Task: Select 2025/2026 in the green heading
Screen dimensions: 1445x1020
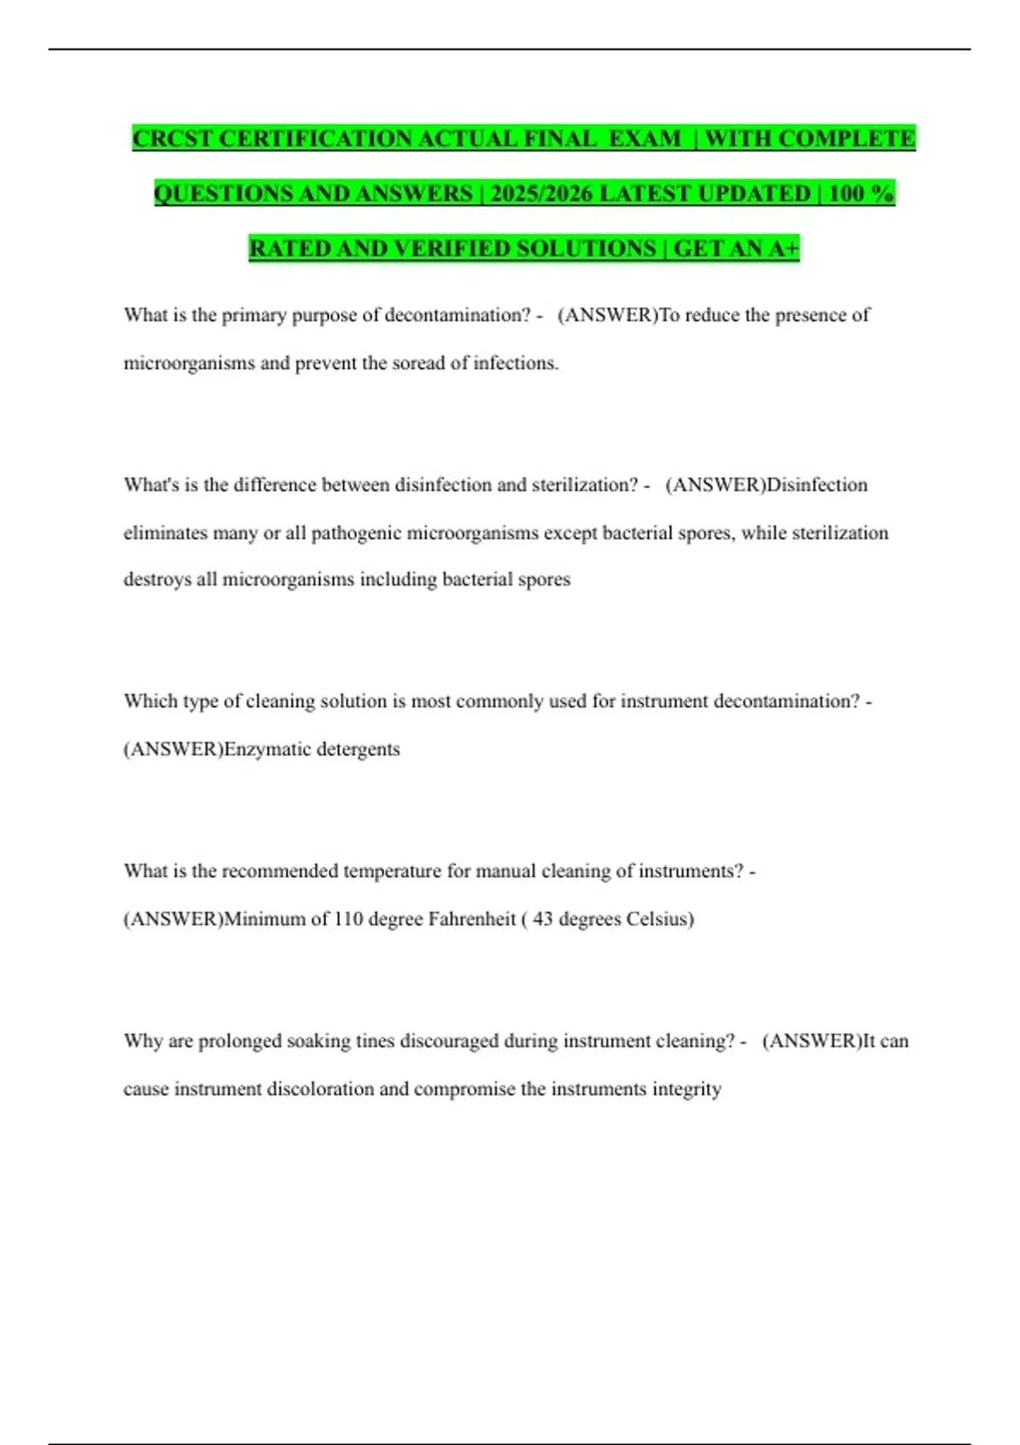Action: pos(541,194)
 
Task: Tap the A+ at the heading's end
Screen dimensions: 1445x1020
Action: pos(784,248)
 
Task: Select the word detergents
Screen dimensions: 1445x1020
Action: pos(358,749)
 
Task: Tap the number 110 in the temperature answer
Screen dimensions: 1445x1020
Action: pos(348,919)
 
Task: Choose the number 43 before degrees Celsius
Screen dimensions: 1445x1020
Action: pos(542,919)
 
